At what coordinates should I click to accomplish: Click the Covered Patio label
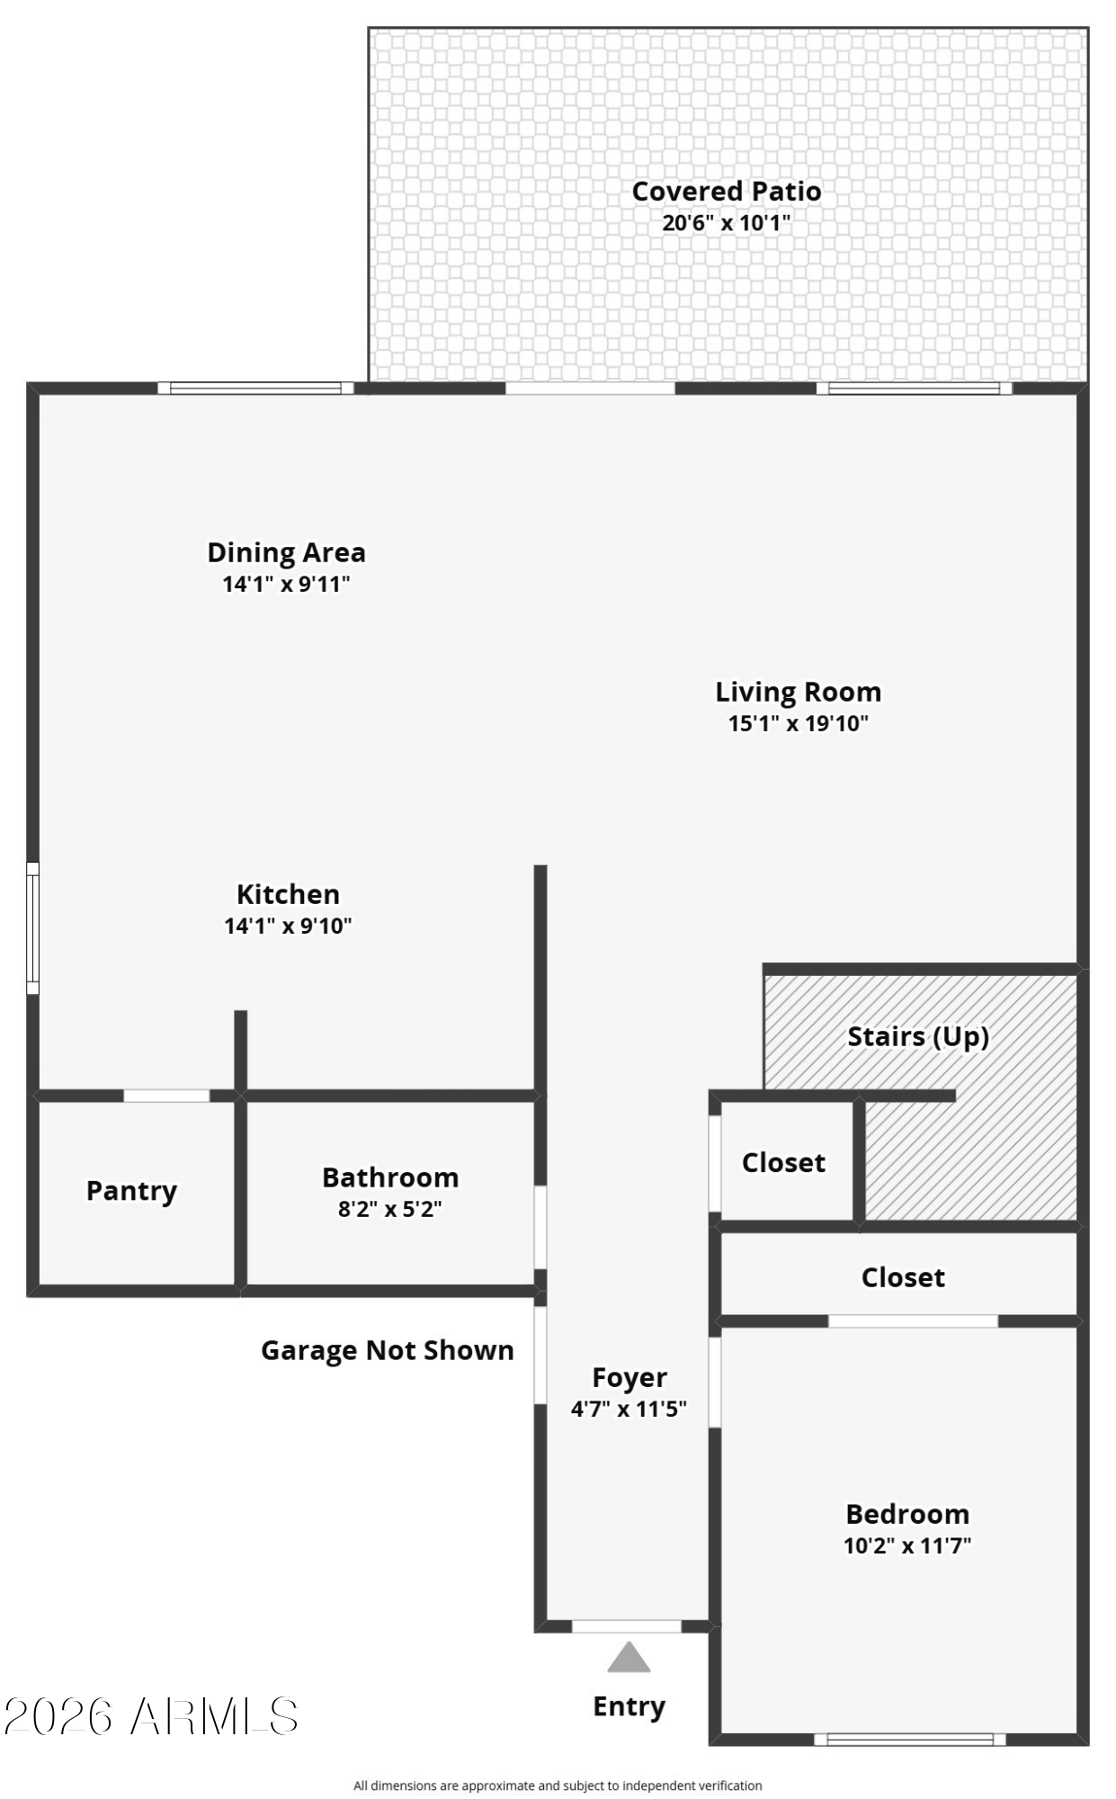pos(726,191)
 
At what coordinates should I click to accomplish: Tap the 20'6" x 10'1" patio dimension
pos(726,222)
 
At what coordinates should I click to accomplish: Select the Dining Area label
pos(286,551)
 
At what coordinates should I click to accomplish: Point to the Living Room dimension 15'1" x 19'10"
pos(798,723)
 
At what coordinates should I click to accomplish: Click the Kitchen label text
pos(288,893)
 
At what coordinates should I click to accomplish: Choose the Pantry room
pos(132,1191)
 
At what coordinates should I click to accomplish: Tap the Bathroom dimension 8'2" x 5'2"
pos(389,1209)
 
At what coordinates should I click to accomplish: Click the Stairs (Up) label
pos(917,1036)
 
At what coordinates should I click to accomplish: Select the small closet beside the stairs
pos(783,1162)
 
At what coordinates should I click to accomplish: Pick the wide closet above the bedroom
pos(903,1277)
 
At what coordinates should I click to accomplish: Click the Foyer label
pos(629,1377)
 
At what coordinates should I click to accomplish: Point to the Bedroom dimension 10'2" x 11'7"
pos(906,1545)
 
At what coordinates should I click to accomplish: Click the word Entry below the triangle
pos(629,1705)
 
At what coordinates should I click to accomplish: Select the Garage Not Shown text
pos(387,1350)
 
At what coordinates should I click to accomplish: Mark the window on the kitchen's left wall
pos(32,927)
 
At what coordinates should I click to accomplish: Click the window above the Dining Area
pos(255,388)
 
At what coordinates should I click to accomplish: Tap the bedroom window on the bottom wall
pos(909,1740)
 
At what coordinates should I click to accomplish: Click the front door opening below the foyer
pos(626,1626)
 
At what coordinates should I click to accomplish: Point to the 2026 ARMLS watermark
pos(150,1716)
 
